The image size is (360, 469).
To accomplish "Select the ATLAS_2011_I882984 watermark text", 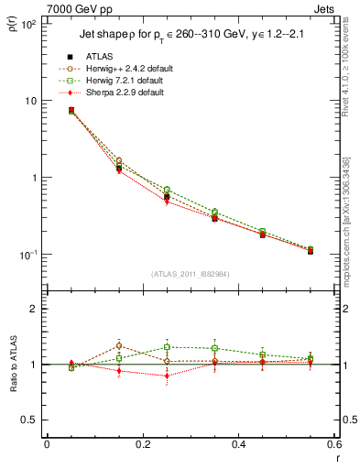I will tap(191, 274).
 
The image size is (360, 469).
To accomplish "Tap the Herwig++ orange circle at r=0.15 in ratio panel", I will tap(119, 346).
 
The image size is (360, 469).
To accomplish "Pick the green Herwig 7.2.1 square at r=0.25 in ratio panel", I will tap(167, 347).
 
